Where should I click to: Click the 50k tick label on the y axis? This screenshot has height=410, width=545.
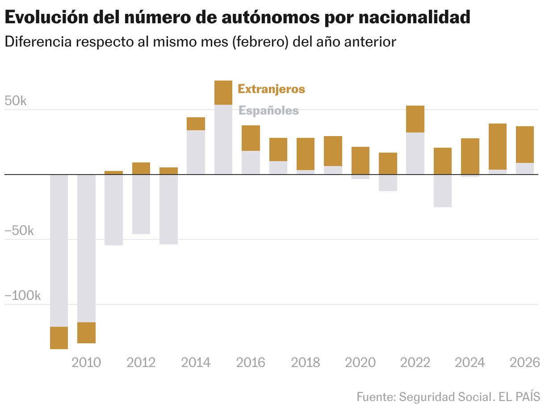pos(16,101)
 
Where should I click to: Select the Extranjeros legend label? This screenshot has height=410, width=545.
pos(271,89)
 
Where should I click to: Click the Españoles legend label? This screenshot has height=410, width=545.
pos(268,110)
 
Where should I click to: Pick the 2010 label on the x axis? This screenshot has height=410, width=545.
pos(86,362)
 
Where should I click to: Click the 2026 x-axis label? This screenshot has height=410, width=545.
pos(525,362)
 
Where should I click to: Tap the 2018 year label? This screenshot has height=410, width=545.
pos(305,362)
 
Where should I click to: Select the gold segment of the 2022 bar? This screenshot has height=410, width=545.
pos(415,119)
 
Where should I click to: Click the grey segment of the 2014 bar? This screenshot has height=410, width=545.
pos(196,152)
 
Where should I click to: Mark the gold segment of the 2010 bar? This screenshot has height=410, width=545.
pos(86,333)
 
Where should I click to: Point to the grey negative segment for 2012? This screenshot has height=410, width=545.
pos(141,204)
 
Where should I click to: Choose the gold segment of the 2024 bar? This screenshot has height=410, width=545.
pos(470,156)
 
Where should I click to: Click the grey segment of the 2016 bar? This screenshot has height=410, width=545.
pos(251,162)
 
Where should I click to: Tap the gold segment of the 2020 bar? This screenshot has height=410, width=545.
pos(360,160)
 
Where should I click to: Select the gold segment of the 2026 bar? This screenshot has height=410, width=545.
pos(525,145)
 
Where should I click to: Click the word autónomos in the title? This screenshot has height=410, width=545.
pos(267,17)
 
